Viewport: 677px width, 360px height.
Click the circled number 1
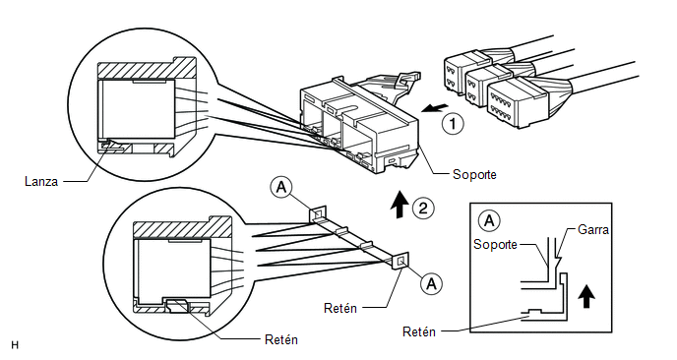coord(453,124)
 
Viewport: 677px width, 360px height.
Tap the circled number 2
coord(423,209)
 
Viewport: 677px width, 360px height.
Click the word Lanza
coord(41,181)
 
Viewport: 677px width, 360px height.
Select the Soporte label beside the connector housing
coord(474,174)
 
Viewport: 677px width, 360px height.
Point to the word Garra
coord(592,229)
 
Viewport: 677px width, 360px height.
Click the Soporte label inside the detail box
coord(495,244)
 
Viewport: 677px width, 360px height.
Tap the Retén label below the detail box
coord(419,331)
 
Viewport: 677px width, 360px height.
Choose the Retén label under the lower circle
coord(281,339)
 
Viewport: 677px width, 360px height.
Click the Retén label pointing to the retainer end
coord(340,308)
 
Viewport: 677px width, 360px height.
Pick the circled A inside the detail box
coord(489,221)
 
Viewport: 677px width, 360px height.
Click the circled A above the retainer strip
coord(281,188)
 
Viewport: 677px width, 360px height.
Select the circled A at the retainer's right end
coord(431,283)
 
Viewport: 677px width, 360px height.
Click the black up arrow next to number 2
coord(400,204)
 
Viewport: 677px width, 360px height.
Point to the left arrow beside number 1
coord(435,108)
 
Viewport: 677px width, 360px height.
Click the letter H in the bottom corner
coord(15,345)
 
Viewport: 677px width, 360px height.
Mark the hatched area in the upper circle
coord(147,69)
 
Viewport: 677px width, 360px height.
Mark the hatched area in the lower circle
coord(182,229)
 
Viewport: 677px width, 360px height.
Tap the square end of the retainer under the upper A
coord(317,214)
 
